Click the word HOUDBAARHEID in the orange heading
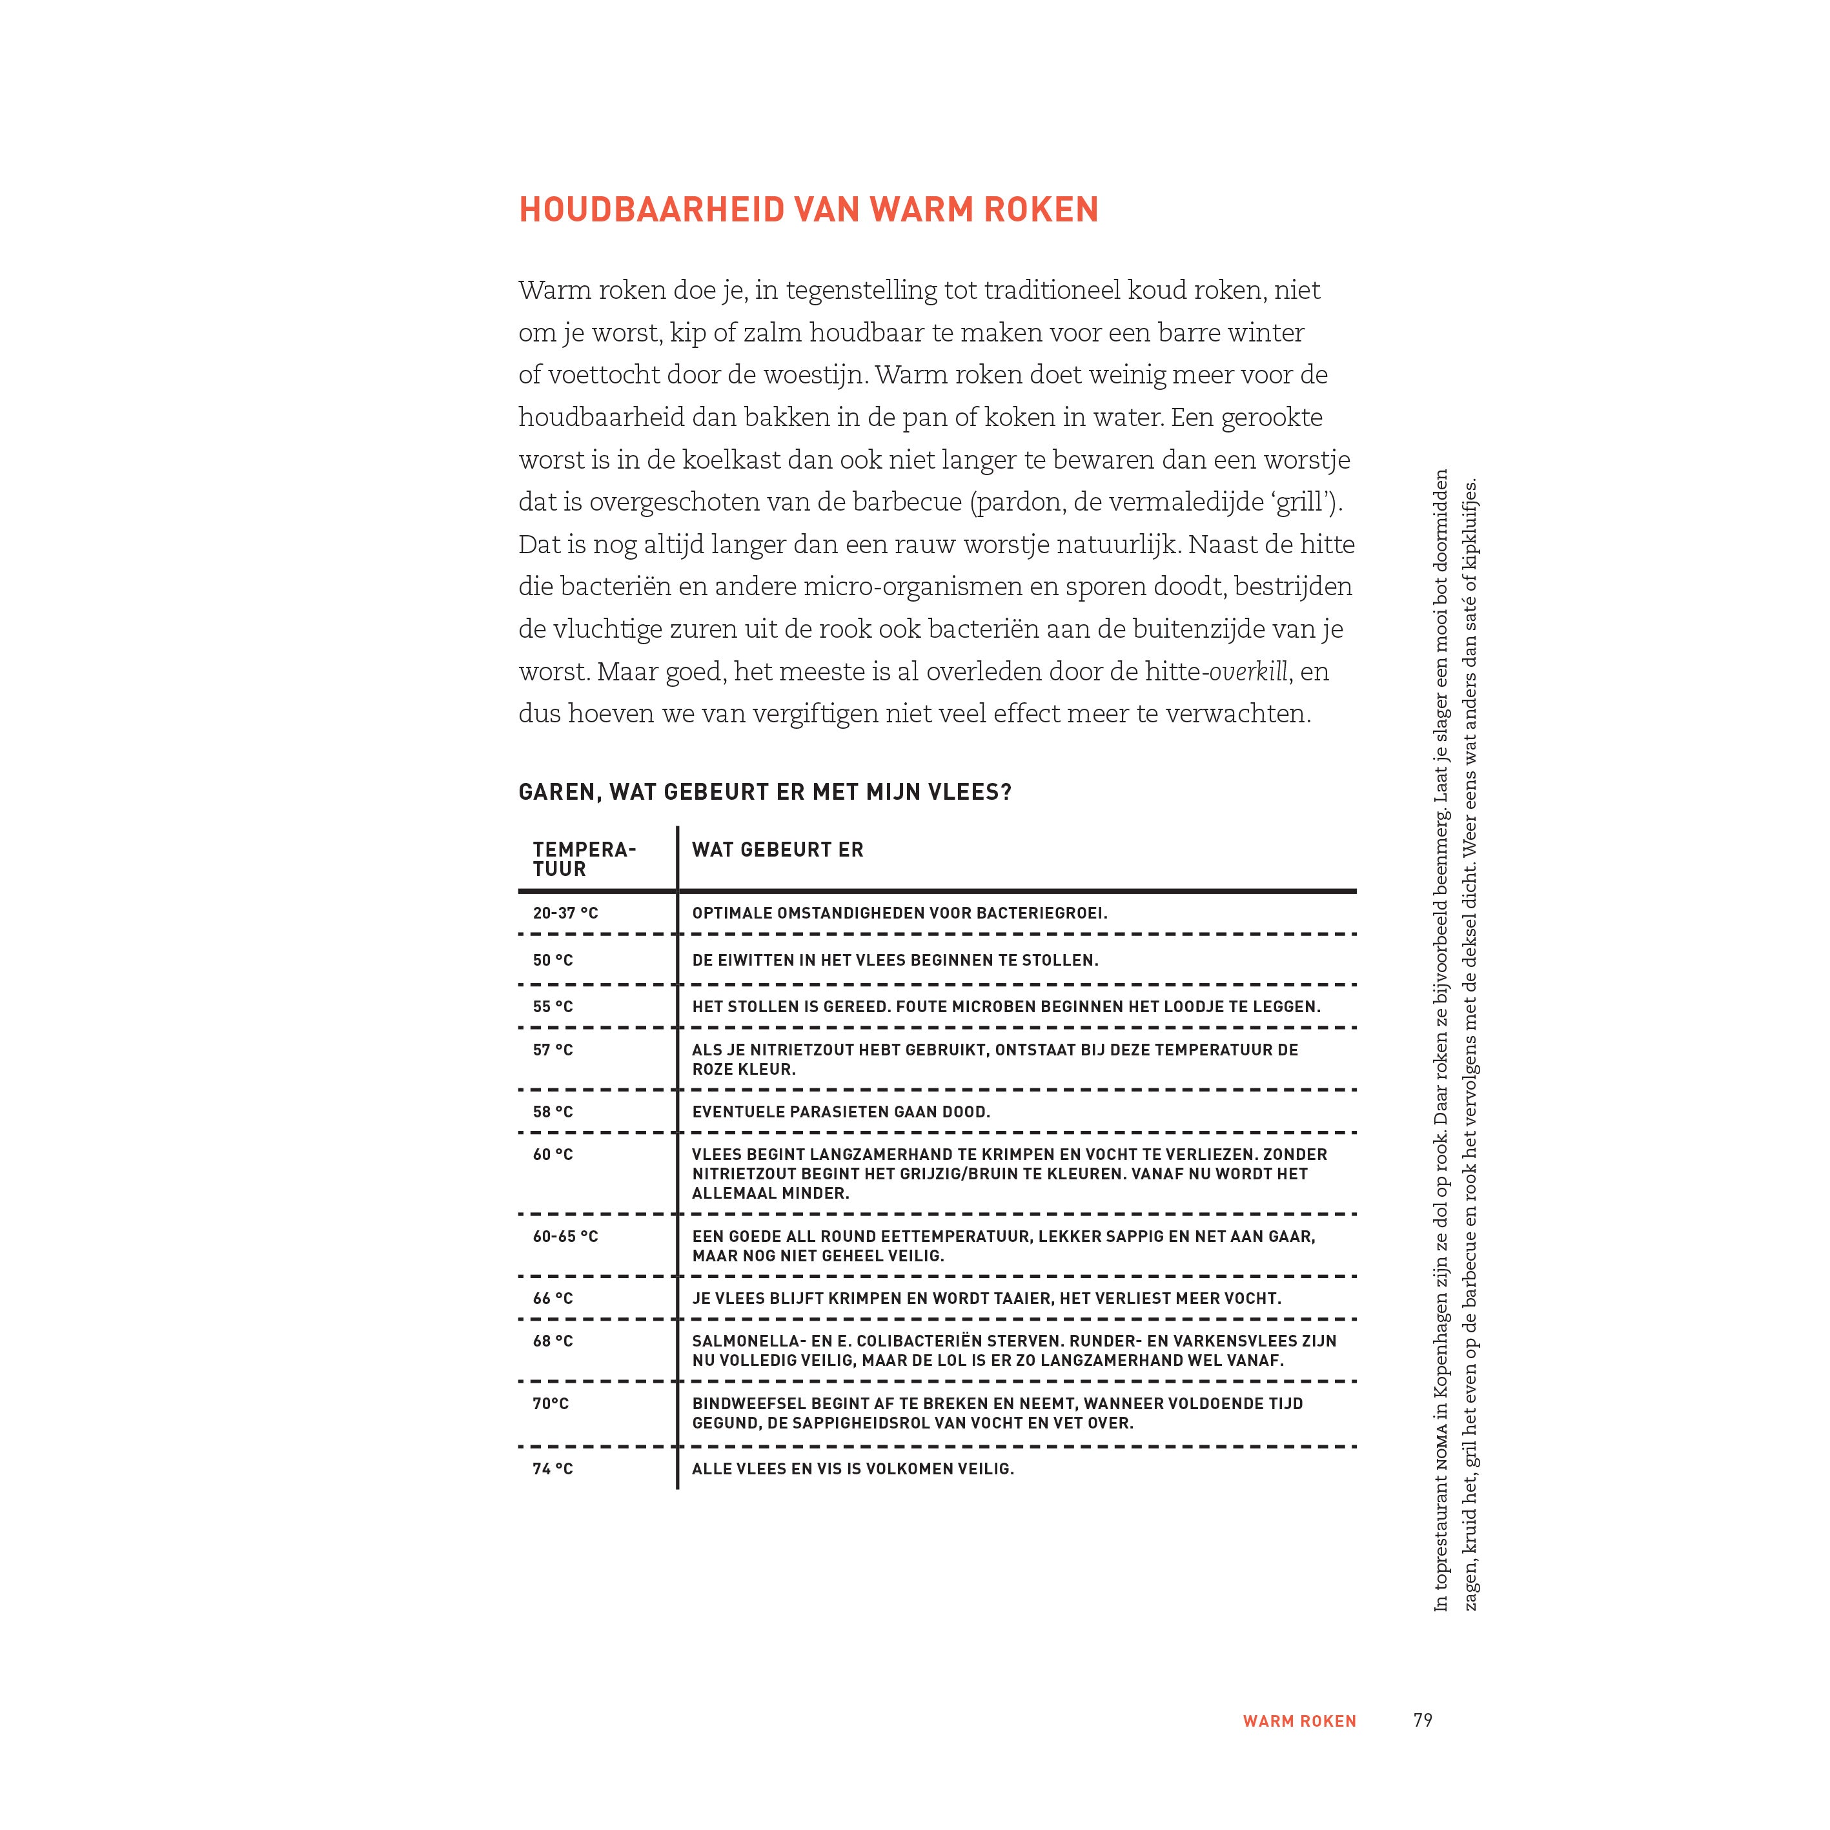pos(652,209)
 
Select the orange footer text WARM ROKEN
pos(1299,1721)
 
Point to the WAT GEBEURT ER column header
pos(778,849)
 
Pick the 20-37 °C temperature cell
pos(565,913)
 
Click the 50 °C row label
pos(553,959)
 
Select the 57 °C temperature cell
pos(553,1050)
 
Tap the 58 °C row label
pos(553,1111)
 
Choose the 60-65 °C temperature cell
pos(565,1236)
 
